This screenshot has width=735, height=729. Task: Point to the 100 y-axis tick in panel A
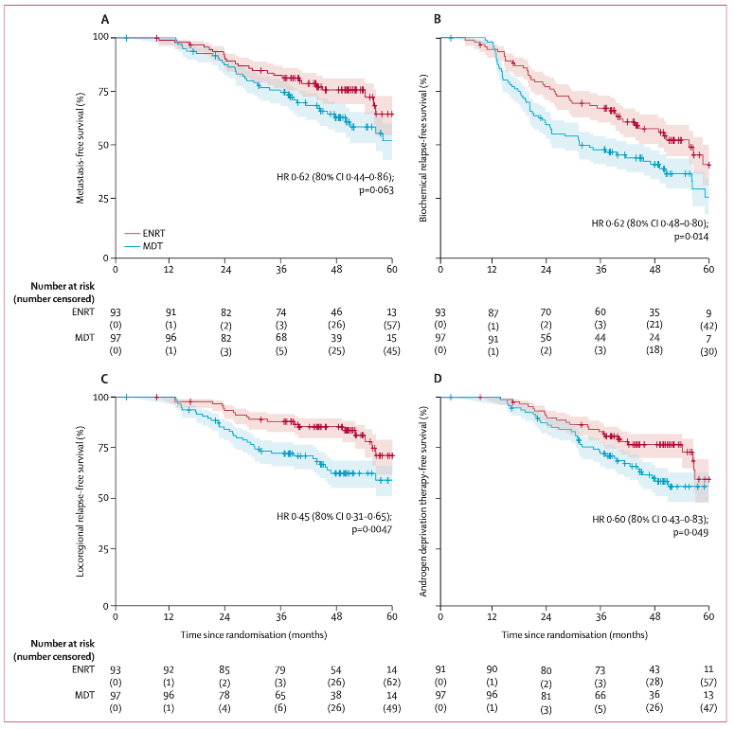click(98, 37)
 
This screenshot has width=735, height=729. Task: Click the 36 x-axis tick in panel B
click(601, 269)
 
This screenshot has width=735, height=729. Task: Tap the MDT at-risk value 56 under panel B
click(546, 338)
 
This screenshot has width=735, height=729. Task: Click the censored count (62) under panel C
click(392, 683)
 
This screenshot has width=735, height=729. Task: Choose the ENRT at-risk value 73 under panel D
click(600, 669)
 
